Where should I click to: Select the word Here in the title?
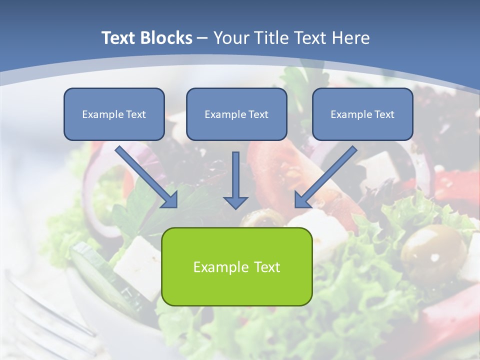[349, 38]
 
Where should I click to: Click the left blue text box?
[114, 114]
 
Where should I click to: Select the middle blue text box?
[236, 114]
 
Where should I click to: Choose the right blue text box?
[362, 114]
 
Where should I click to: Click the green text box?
[236, 266]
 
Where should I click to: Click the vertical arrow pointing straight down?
[235, 180]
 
